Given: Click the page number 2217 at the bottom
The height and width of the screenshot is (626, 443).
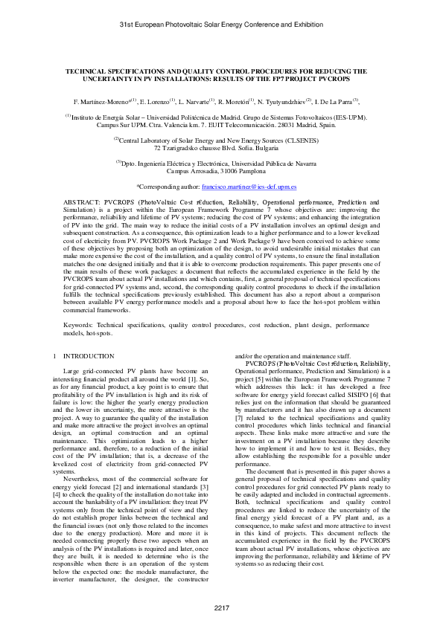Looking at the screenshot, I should pos(221,608).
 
